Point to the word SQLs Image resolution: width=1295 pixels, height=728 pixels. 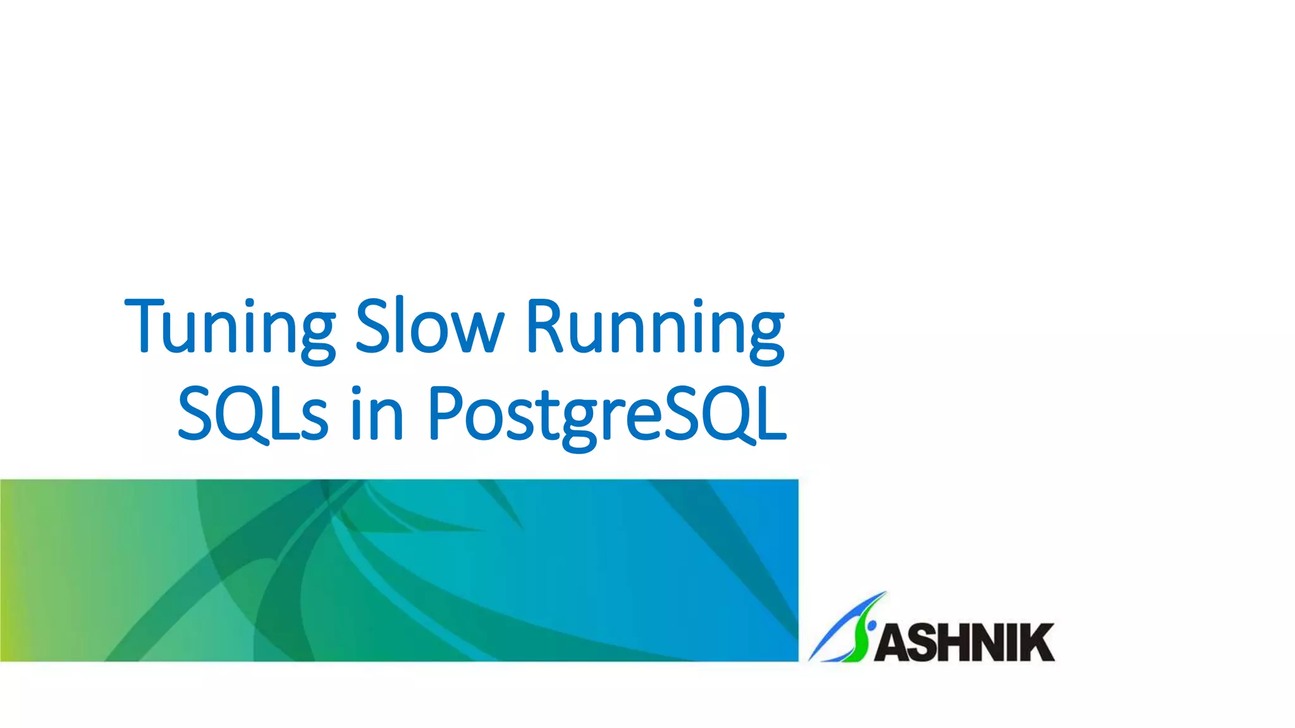252,414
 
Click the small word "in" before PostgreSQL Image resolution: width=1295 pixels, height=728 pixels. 377,414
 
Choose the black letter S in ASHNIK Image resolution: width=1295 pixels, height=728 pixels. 920,643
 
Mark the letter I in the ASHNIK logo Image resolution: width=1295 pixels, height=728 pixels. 1008,643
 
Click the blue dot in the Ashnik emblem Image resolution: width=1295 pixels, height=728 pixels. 872,626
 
